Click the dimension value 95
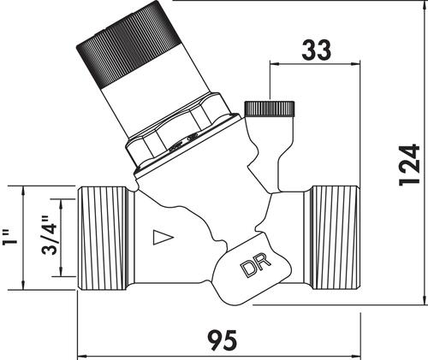tap(222, 340)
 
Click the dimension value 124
tap(410, 165)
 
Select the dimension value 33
tap(316, 50)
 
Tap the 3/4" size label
tap(50, 235)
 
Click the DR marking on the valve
tap(256, 266)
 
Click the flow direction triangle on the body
tap(163, 237)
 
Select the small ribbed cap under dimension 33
tap(270, 109)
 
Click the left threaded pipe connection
tap(103, 238)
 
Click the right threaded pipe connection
tap(336, 238)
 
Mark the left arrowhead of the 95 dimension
tap(82, 356)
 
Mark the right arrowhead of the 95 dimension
tap(356, 356)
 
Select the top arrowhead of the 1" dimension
tap(23, 191)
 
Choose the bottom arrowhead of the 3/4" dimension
tap(61, 271)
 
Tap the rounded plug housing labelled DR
tap(251, 269)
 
